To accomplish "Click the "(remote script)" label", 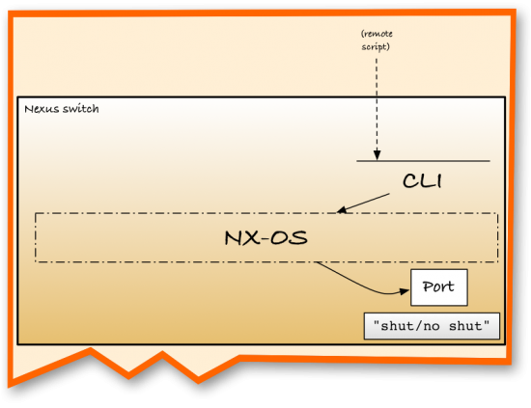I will pos(377,40).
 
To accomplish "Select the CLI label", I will pos(423,180).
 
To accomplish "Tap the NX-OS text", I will pos(266,236).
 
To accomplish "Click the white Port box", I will pos(439,287).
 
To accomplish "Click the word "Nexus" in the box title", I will pos(42,108).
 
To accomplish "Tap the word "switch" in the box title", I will pos(80,108).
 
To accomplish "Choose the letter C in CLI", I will pos(409,180).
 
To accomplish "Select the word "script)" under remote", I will pos(377,45).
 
